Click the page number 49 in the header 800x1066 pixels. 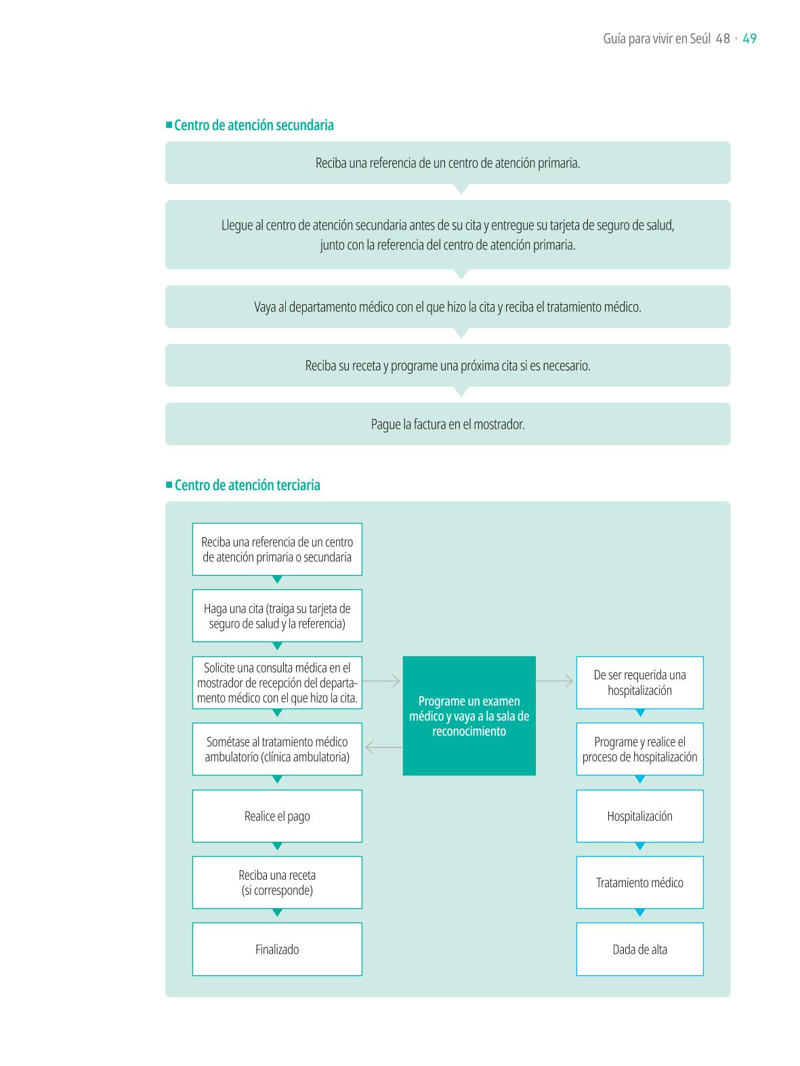click(749, 39)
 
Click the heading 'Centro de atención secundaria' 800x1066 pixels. click(253, 125)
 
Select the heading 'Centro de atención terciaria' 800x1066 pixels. click(247, 485)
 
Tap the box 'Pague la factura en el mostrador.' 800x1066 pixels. click(447, 424)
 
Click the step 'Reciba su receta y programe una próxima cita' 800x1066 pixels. click(447, 365)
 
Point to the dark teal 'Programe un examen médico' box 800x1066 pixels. click(469, 716)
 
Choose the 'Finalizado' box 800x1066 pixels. click(277, 949)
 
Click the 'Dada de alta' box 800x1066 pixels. click(639, 949)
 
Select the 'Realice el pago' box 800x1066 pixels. click(277, 816)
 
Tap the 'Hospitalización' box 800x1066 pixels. click(639, 816)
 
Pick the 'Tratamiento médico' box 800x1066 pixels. click(639, 882)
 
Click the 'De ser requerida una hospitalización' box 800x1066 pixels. click(639, 683)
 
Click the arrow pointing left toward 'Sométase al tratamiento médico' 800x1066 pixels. click(383, 748)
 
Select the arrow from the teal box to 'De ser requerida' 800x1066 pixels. click(555, 681)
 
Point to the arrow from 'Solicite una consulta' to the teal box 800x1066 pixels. click(381, 681)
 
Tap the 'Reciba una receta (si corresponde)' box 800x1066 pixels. click(277, 882)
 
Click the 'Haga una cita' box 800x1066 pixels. click(277, 616)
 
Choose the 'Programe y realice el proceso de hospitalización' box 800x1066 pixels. click(639, 749)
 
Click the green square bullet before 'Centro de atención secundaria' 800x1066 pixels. click(169, 125)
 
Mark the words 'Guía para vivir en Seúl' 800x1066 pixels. click(656, 39)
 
